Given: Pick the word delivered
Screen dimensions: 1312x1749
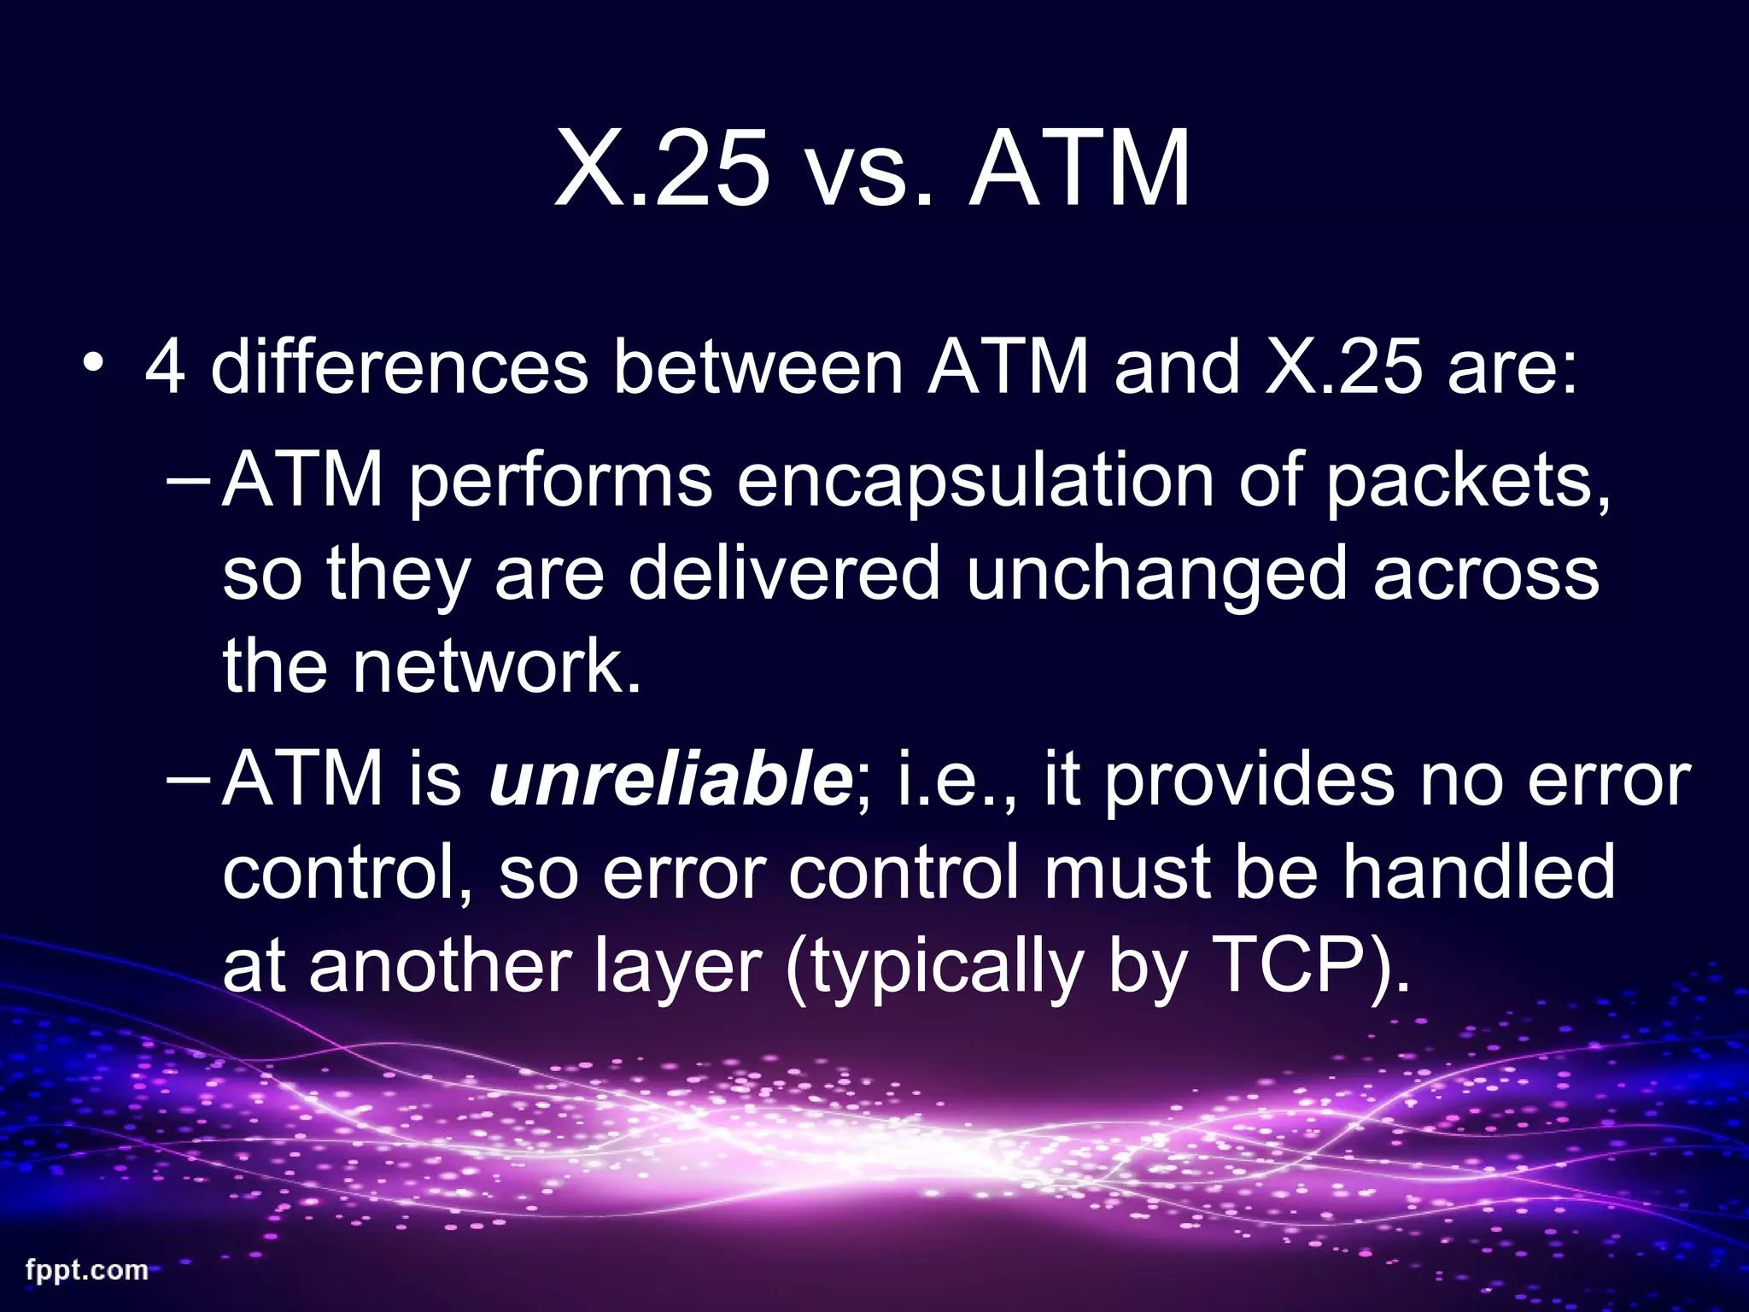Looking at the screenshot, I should [784, 573].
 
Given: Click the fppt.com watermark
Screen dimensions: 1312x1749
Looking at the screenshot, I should [87, 1270].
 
